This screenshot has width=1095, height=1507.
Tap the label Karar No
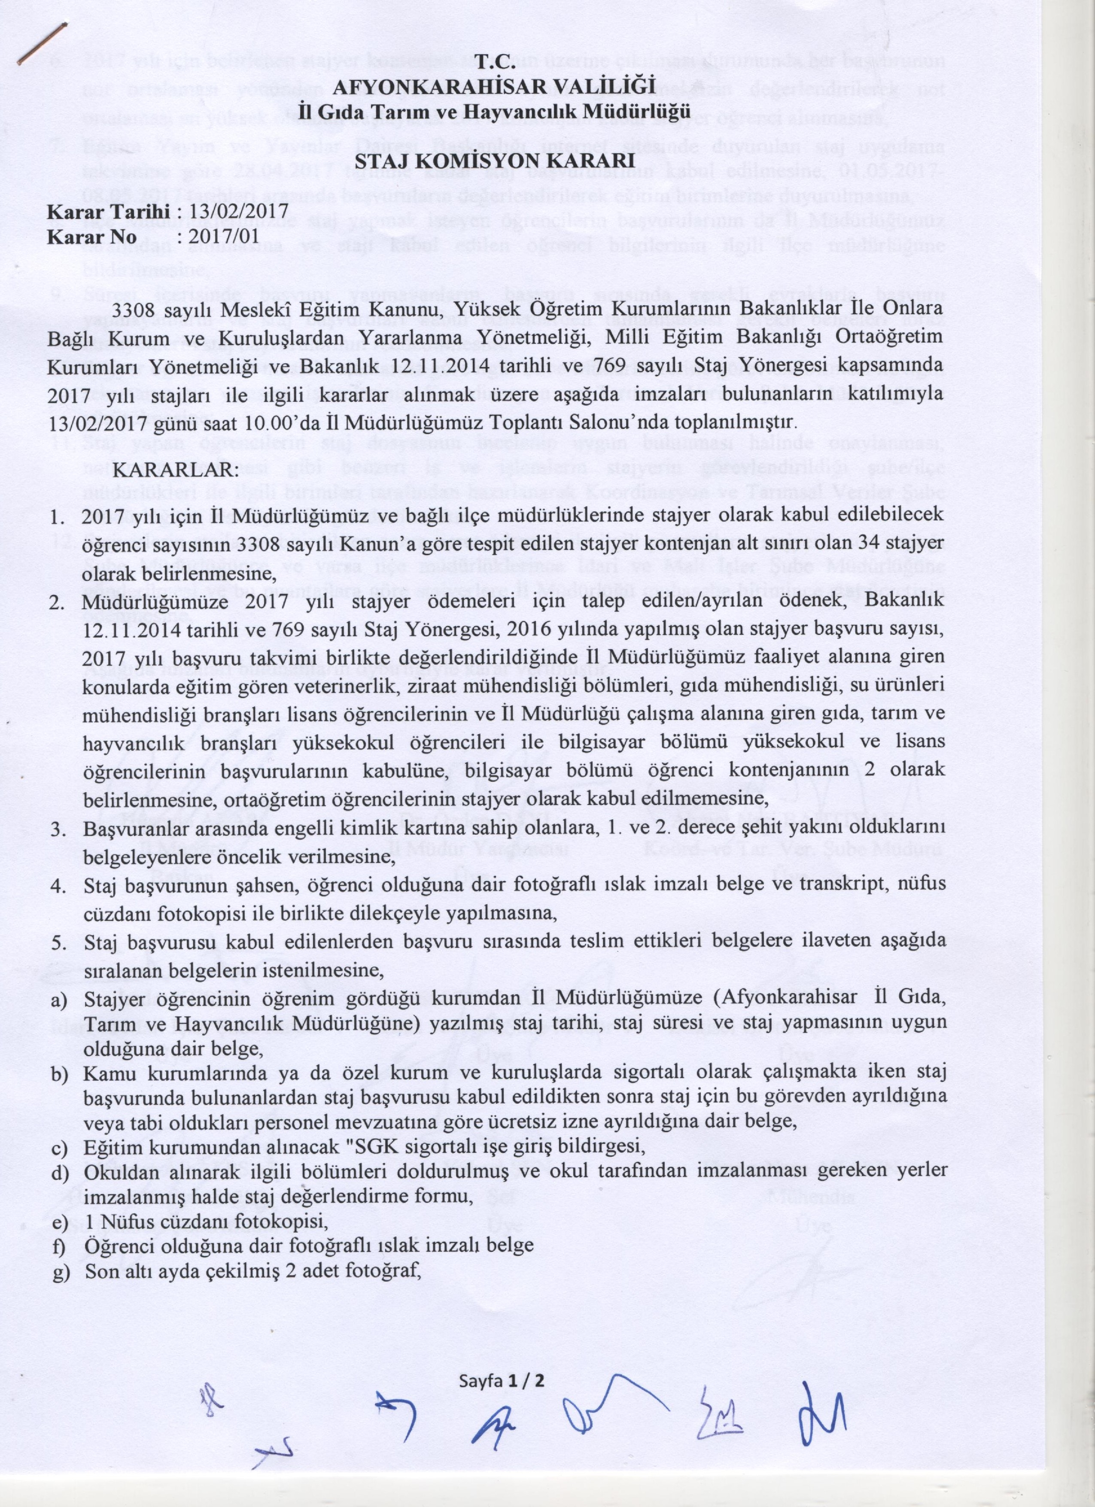click(x=92, y=237)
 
